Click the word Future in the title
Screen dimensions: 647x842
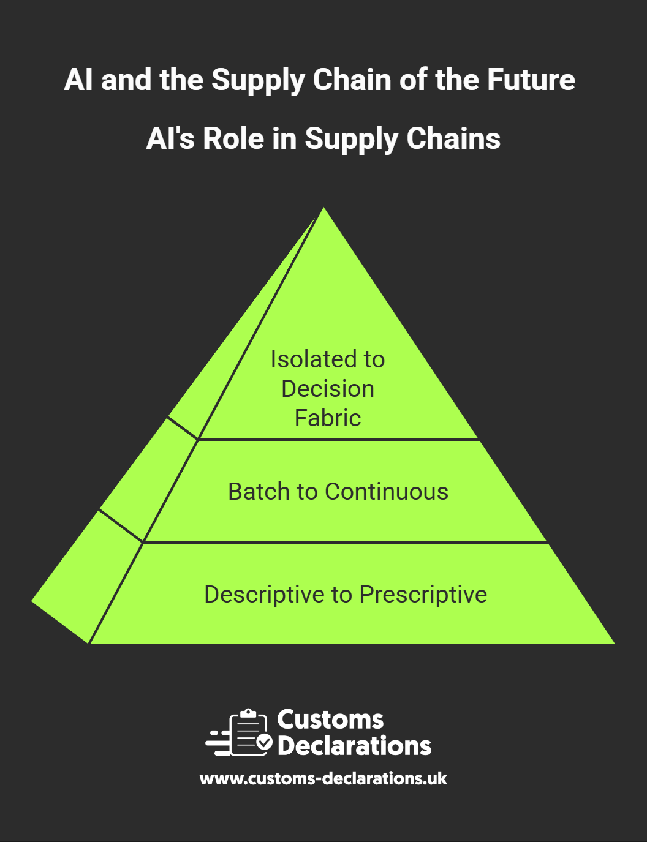531,80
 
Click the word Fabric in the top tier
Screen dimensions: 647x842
328,418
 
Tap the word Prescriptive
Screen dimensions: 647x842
423,595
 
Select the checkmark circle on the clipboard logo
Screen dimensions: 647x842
265,742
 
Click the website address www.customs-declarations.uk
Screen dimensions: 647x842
323,779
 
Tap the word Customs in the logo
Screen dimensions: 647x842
330,720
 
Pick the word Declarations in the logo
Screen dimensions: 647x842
354,745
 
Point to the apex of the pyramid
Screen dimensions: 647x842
323,208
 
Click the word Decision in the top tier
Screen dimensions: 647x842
328,389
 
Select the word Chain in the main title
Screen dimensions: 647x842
352,80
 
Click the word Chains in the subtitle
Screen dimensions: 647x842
453,138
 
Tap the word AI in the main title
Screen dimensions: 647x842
78,80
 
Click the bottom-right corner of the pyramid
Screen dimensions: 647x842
615,644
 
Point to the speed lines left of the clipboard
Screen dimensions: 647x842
218,743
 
